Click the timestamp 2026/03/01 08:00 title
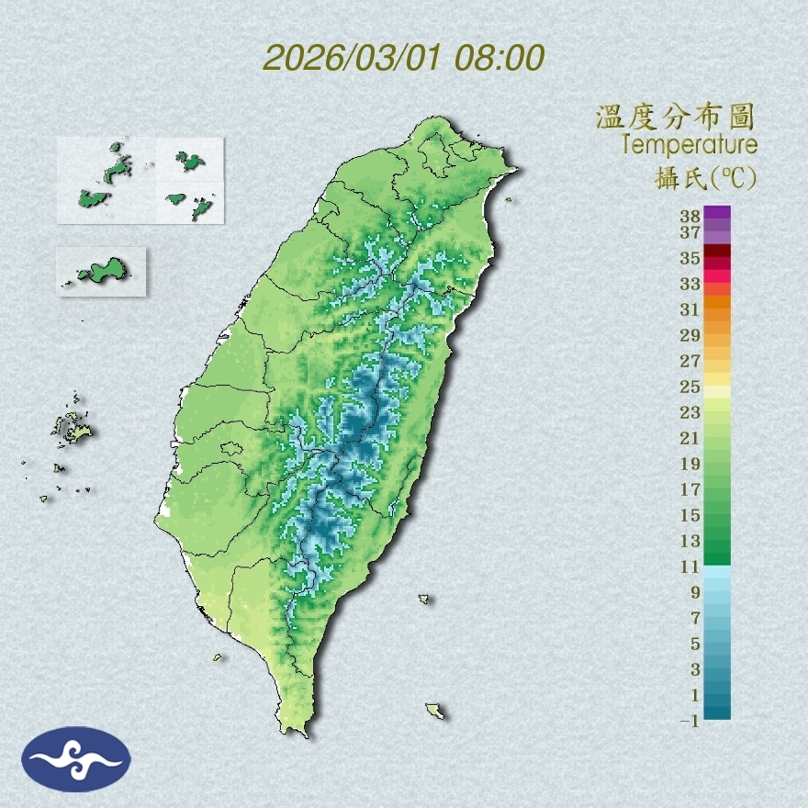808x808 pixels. [404, 58]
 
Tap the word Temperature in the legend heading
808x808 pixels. [689, 145]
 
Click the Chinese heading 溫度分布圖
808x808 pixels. [675, 118]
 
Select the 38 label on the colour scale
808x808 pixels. [690, 217]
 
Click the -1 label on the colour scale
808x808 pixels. [690, 722]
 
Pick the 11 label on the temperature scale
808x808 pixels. [690, 567]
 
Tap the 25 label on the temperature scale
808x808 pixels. [690, 386]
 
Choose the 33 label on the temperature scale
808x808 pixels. [690, 284]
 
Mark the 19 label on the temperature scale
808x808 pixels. [690, 464]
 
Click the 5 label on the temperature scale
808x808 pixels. [695, 644]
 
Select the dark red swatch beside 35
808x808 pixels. [718, 252]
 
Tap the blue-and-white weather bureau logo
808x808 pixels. [76, 759]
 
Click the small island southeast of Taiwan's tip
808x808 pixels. [434, 711]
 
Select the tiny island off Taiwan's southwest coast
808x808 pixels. [218, 656]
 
